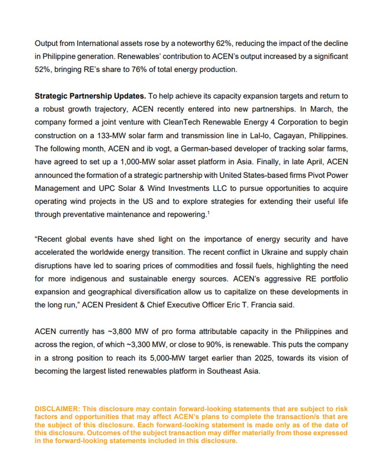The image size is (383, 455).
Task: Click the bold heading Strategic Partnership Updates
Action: (90, 96)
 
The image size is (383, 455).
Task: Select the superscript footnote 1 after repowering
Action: (208, 213)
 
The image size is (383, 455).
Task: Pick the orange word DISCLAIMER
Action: (57, 409)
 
